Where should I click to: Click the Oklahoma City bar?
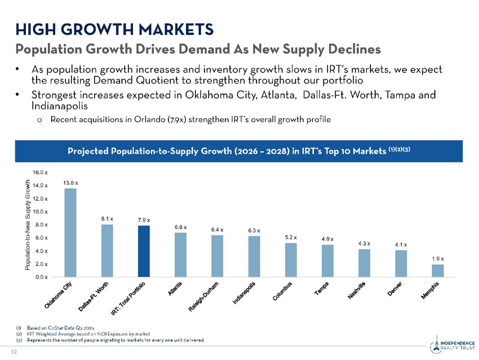tap(70, 232)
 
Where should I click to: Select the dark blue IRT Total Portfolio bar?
tap(144, 251)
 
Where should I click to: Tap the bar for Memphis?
tap(438, 270)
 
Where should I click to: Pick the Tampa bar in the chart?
tap(327, 260)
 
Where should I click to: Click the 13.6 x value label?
tap(70, 183)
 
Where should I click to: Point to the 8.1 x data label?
tap(107, 218)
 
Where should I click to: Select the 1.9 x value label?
tap(438, 259)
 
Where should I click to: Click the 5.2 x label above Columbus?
tap(291, 237)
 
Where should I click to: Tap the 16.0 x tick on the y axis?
tap(40, 171)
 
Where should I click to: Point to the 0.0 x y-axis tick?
tap(40, 277)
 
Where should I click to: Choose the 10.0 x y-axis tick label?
tap(40, 211)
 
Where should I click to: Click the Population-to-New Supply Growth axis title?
tap(28, 224)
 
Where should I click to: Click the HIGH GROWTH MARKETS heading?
tap(114, 28)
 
